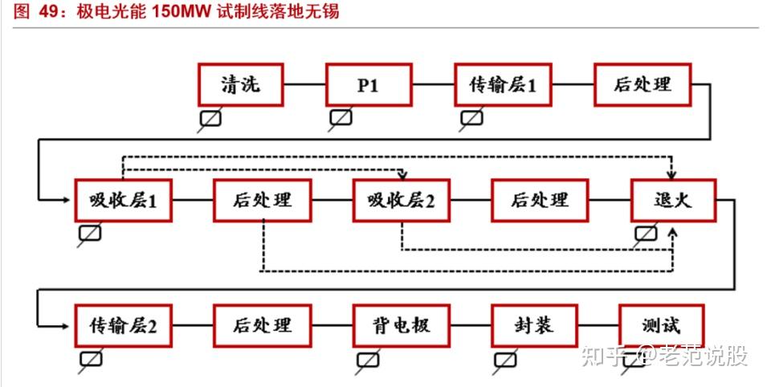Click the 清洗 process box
pyautogui.click(x=241, y=85)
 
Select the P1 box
pyautogui.click(x=368, y=85)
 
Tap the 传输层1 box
pyautogui.click(x=503, y=85)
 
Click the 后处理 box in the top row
pyautogui.click(x=642, y=85)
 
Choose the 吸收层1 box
pyautogui.click(x=123, y=200)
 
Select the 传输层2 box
pyautogui.click(x=123, y=325)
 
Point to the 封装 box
pyautogui.click(x=533, y=325)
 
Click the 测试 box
pyautogui.click(x=661, y=325)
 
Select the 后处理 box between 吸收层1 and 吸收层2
pyautogui.click(x=263, y=200)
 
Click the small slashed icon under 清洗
pyautogui.click(x=210, y=119)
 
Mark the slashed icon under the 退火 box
pyautogui.click(x=646, y=234)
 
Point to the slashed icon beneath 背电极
pyautogui.click(x=368, y=359)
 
